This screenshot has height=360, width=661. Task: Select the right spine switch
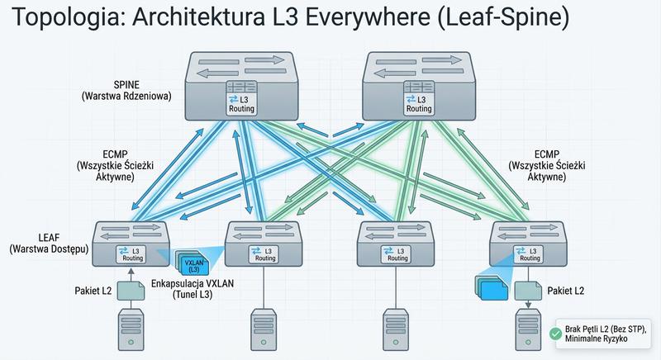pos(420,88)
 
